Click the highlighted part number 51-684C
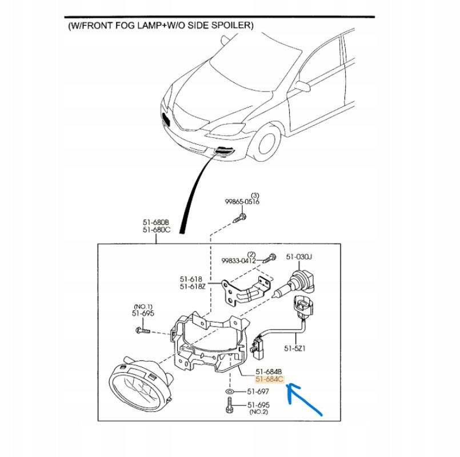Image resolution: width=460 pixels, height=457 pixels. (x=269, y=379)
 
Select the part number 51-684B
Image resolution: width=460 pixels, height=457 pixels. (x=269, y=371)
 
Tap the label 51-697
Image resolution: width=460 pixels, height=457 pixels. (x=258, y=392)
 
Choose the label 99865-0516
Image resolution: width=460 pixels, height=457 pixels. (x=242, y=202)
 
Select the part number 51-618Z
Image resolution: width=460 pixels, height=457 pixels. (x=193, y=287)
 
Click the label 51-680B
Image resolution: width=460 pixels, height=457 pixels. (x=156, y=222)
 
